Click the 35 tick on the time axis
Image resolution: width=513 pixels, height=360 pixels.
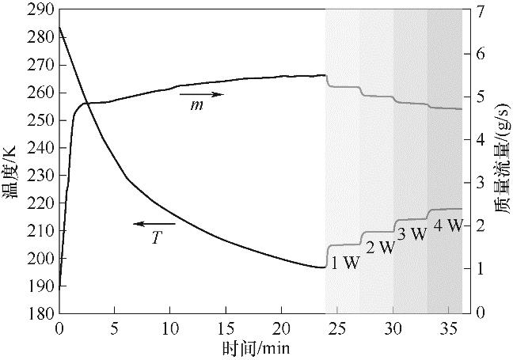[x=449, y=326]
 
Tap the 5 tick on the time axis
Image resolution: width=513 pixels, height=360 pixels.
[x=115, y=326]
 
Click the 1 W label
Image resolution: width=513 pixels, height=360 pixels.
[x=345, y=263]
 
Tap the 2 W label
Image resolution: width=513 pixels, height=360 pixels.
[x=380, y=248]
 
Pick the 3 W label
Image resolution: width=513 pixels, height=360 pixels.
[x=412, y=234]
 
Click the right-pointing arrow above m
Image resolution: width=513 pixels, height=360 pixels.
[x=207, y=94]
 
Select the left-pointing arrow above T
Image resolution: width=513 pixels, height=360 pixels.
[x=154, y=224]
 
